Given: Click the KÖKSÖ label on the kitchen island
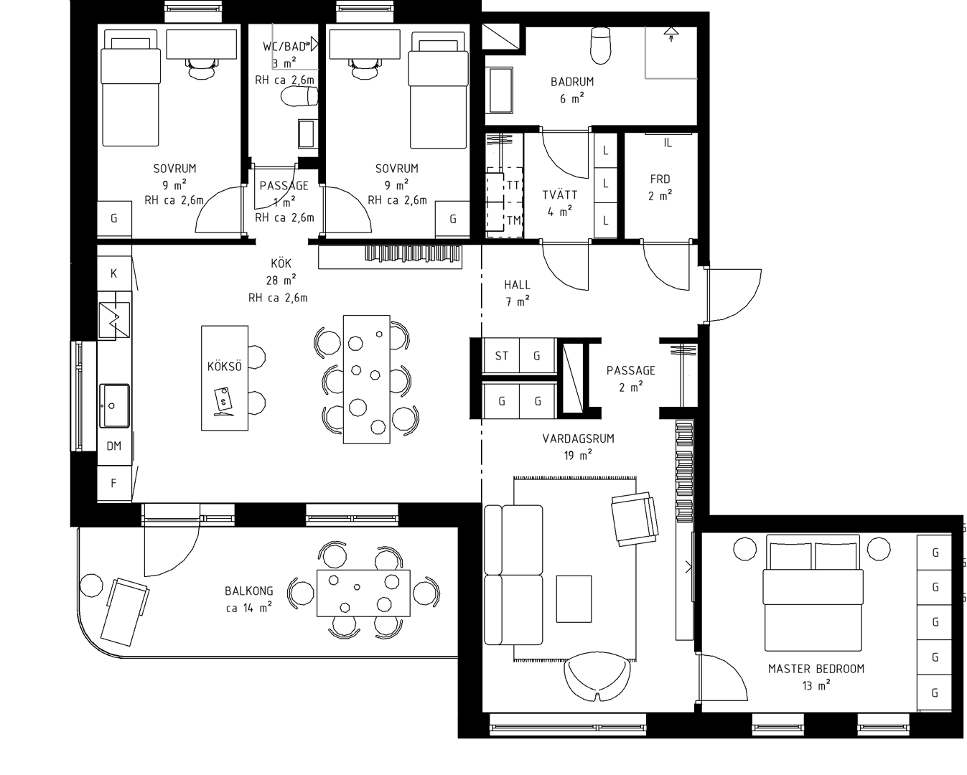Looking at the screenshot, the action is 224,366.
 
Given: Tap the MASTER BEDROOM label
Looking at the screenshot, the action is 816,669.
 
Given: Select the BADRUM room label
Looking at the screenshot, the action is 572,82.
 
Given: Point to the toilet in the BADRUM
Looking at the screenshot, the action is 601,45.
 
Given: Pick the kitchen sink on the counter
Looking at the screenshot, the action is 114,405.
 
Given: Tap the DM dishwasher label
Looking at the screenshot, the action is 113,446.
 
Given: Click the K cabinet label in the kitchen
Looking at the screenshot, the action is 113,273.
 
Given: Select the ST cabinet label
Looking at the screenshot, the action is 502,356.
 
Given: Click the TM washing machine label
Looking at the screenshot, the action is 513,220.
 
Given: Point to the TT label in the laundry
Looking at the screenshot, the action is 513,185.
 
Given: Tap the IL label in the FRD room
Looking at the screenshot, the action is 668,143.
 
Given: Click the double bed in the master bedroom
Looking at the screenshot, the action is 813,593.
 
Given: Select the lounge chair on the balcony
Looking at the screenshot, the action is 125,612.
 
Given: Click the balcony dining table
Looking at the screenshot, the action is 363,593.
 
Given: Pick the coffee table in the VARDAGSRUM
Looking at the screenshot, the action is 574,599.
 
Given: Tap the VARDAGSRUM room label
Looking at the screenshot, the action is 578,438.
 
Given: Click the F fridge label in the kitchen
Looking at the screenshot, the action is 113,483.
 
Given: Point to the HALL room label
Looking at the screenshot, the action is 517,284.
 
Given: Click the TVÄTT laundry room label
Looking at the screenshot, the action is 559,194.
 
